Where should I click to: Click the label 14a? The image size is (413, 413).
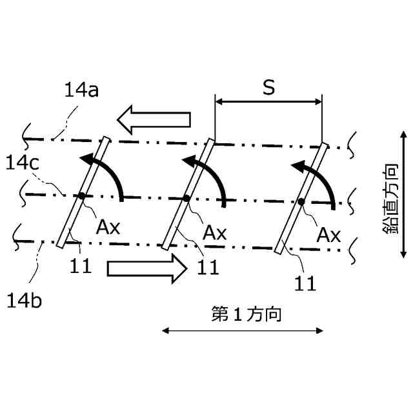click(81, 90)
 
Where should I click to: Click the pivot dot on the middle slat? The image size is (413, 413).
click(186, 199)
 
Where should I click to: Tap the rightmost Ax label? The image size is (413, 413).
click(328, 235)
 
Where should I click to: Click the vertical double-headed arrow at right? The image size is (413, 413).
click(403, 194)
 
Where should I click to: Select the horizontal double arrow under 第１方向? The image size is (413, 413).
click(242, 331)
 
